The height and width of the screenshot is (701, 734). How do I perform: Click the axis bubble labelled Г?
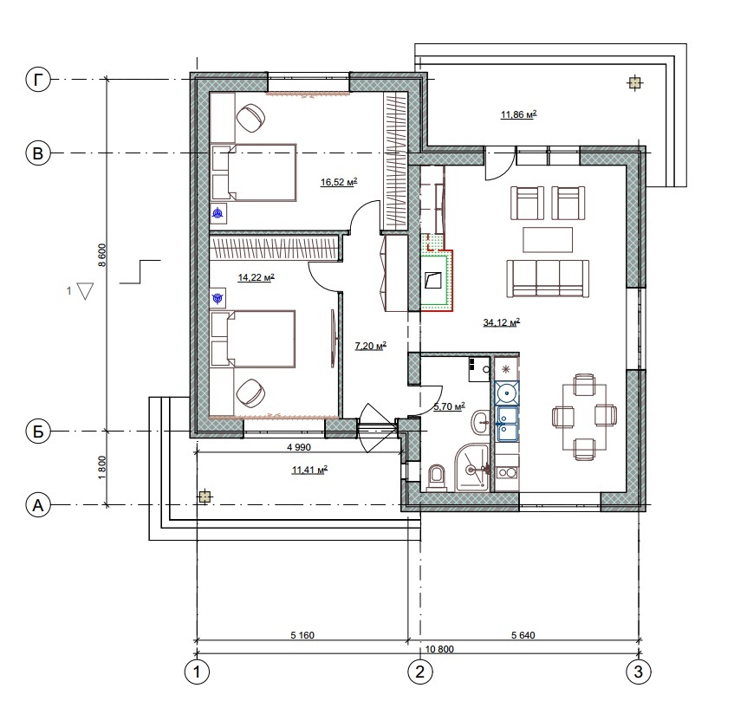point(38,80)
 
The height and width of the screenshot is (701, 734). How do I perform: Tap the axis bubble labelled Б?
point(38,431)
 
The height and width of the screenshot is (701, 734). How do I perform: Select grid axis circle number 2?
point(420,672)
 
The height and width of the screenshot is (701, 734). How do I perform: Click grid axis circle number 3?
point(638,672)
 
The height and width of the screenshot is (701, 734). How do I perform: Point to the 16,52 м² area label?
point(339,182)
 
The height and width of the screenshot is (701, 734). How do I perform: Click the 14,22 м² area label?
point(256,277)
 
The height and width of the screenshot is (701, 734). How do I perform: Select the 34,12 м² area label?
point(502,322)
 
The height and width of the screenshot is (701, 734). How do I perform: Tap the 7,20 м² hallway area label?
point(370,346)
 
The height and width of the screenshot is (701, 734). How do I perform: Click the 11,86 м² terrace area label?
point(518,114)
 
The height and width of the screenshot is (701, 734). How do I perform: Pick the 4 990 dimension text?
point(299,447)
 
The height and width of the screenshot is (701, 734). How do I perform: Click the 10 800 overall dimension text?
point(439,649)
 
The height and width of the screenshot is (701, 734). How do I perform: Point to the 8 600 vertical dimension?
point(102,255)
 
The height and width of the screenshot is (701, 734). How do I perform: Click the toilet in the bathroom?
point(436,477)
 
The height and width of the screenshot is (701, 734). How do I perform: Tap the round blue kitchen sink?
point(507,393)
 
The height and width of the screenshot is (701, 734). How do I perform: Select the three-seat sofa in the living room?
point(547,279)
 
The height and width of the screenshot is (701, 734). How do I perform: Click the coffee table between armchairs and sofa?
point(548,240)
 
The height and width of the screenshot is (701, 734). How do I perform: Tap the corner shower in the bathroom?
point(471,468)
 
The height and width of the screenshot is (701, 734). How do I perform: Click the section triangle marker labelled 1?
point(85,290)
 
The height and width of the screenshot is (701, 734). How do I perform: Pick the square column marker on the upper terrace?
point(634,83)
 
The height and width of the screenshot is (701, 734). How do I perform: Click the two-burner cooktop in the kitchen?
point(507,472)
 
